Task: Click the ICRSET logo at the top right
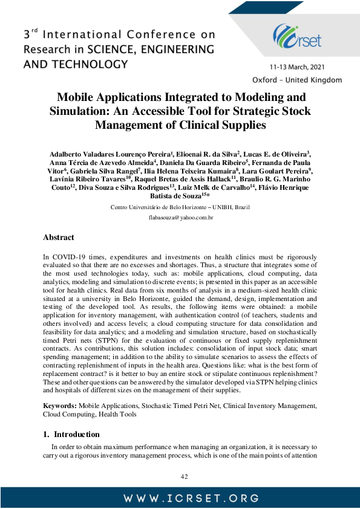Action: point(297,36)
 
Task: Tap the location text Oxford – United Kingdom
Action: point(296,80)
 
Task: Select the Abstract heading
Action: point(59,238)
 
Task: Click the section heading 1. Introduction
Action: point(71,434)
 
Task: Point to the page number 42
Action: point(185,476)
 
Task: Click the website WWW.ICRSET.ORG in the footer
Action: point(180,498)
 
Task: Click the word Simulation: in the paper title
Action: point(80,111)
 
